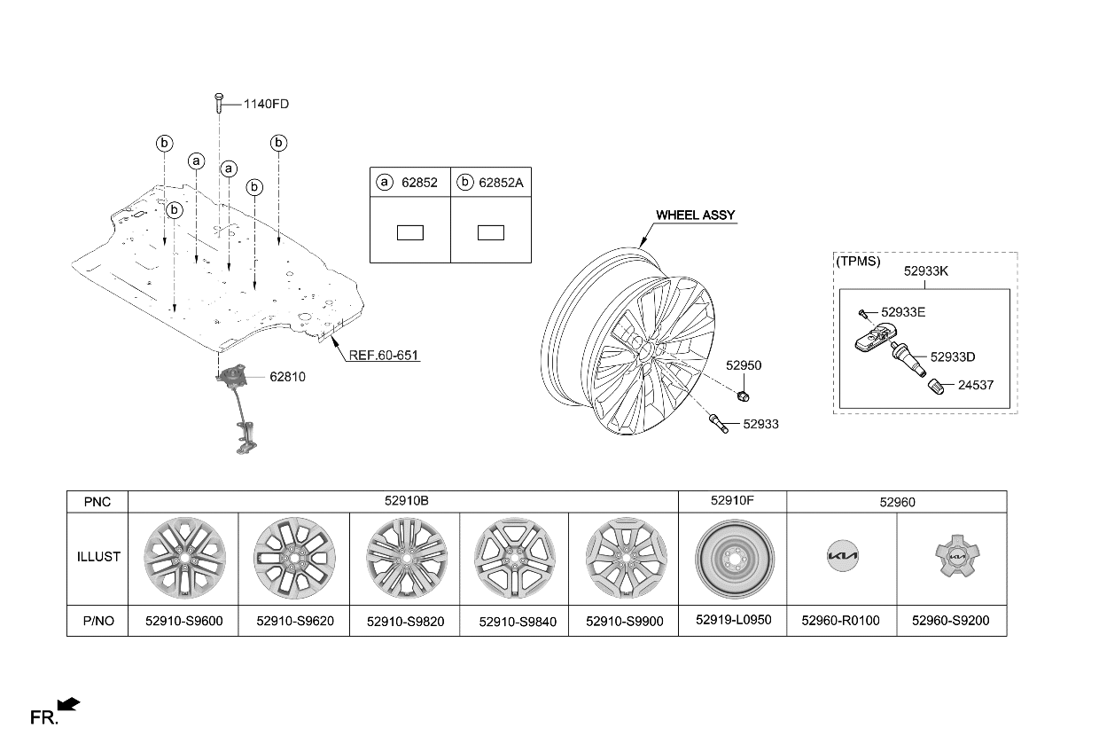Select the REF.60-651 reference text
(383, 355)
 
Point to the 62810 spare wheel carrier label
(287, 377)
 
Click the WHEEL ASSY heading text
(696, 215)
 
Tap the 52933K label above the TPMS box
(925, 271)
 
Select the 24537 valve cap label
(976, 385)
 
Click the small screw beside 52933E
(861, 312)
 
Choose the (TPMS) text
(858, 262)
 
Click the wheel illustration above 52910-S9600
(184, 558)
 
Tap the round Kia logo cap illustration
(841, 558)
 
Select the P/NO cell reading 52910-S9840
(518, 622)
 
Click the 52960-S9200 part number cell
(950, 621)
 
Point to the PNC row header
(97, 502)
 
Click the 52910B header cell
(407, 501)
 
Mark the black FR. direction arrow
(68, 705)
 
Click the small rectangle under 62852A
(490, 232)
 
